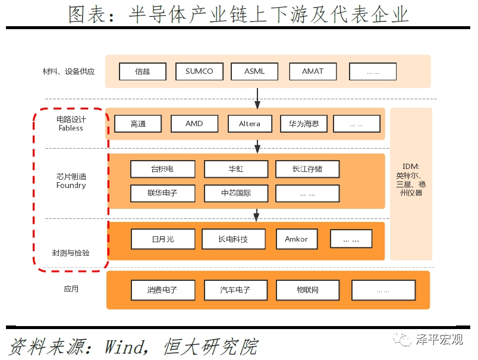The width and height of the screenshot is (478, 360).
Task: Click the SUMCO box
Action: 199,71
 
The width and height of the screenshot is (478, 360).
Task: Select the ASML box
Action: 254,71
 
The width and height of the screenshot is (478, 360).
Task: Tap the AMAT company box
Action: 313,71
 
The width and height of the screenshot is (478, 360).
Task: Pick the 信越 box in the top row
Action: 143,71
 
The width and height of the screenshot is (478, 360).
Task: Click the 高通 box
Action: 138,124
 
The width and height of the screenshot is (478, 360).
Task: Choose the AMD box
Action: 194,124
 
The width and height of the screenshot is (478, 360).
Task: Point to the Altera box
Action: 250,124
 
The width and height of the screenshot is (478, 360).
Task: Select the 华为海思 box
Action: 304,124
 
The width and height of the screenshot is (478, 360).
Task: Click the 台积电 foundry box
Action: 163,169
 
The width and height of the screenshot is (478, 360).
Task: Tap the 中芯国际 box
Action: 236,193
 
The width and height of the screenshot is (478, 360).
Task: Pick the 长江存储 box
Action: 307,169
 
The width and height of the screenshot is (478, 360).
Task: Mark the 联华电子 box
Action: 163,193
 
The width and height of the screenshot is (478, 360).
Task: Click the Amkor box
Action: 297,239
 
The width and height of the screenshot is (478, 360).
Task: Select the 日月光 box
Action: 163,239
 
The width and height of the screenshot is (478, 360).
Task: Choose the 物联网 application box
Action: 308,290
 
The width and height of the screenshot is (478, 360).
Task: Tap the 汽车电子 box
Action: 235,290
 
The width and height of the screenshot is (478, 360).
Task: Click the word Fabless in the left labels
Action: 71,128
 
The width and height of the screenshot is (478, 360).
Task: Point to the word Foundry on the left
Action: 71,186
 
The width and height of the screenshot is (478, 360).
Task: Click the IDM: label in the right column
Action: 411,166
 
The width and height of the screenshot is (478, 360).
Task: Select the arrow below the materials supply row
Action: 257,98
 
